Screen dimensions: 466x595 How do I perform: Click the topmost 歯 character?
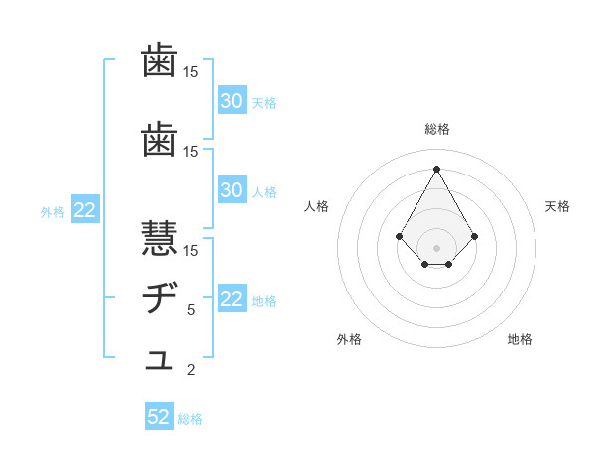[160, 61]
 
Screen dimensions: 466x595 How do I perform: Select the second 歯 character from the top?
[160, 141]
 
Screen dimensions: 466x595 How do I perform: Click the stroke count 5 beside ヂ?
[191, 310]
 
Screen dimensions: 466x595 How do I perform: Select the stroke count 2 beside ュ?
[191, 371]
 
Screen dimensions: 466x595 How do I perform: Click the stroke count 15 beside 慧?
[191, 250]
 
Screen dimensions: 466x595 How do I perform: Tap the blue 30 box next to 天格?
[231, 101]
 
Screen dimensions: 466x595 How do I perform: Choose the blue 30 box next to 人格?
[231, 190]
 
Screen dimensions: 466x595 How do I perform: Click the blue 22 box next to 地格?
[231, 299]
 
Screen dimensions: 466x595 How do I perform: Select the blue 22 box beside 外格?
[85, 210]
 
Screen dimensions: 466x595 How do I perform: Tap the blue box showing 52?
[159, 417]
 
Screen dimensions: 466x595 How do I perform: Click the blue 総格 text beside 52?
[190, 419]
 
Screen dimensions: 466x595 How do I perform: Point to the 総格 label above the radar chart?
[436, 129]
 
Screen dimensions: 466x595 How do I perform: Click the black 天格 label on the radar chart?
[557, 206]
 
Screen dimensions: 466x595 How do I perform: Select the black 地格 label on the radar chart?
[520, 339]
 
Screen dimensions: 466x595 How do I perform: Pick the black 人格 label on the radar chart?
[317, 206]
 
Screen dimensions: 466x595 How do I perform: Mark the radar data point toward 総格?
[436, 169]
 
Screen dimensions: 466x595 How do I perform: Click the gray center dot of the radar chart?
[436, 247]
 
